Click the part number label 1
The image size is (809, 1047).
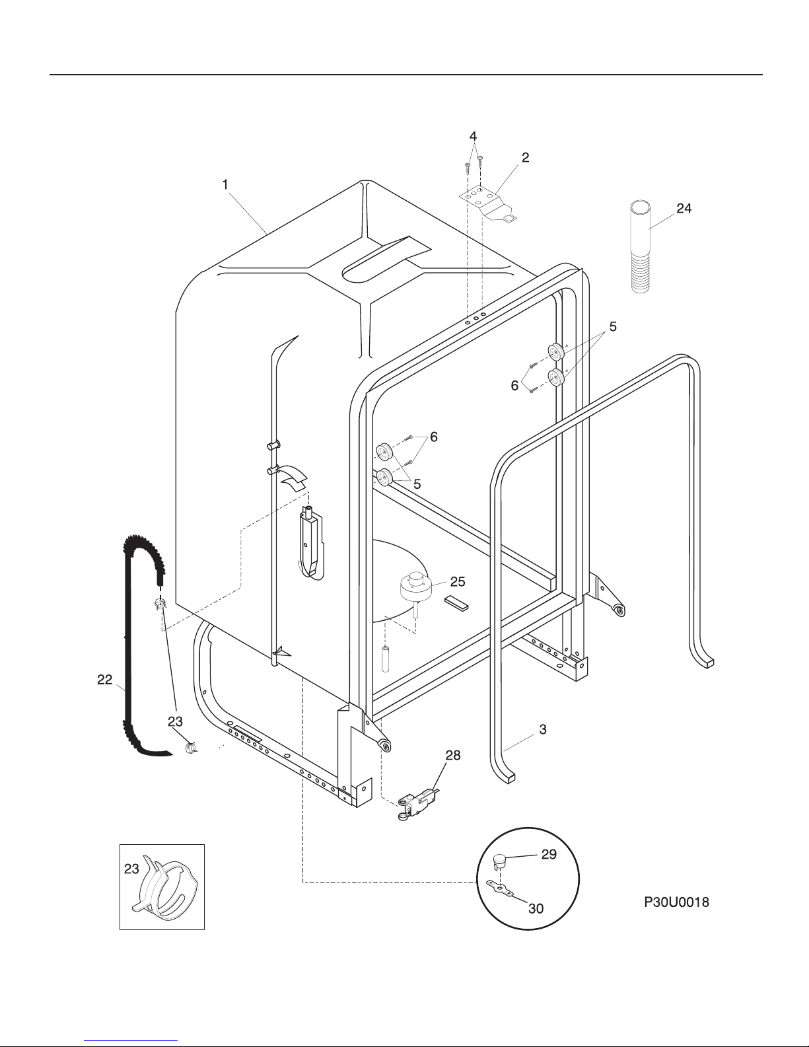(225, 185)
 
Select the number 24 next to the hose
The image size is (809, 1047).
(684, 209)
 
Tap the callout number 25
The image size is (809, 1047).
(457, 582)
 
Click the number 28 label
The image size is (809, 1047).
(452, 755)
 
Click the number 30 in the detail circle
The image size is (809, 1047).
(536, 908)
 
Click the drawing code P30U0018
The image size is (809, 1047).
(677, 902)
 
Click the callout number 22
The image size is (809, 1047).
(105, 679)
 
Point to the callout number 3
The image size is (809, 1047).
(542, 729)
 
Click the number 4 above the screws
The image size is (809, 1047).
(473, 135)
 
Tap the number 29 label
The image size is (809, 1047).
(549, 854)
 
